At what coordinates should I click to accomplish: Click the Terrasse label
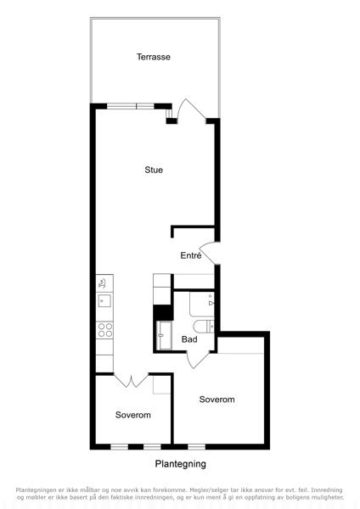click(x=154, y=57)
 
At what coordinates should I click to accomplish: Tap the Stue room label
click(x=154, y=170)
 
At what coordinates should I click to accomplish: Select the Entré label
click(x=191, y=255)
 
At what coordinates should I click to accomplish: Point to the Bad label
click(x=189, y=339)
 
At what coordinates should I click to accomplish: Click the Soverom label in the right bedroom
click(x=217, y=400)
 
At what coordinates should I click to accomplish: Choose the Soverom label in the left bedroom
click(x=133, y=415)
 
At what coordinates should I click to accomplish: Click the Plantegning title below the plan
click(x=180, y=464)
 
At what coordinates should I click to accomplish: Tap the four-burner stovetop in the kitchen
click(x=104, y=330)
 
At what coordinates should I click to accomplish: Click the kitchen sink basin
click(x=104, y=300)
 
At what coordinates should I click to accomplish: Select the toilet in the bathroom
click(x=204, y=327)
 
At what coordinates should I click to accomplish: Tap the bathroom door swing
click(x=198, y=360)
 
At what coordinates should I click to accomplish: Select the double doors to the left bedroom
click(x=132, y=381)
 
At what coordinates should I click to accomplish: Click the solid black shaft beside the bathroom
click(x=163, y=312)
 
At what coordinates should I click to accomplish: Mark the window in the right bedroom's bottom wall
click(x=197, y=447)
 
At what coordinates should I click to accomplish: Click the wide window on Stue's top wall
click(x=130, y=106)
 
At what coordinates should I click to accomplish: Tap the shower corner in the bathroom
click(x=202, y=305)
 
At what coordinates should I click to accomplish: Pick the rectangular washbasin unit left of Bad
click(x=165, y=335)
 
